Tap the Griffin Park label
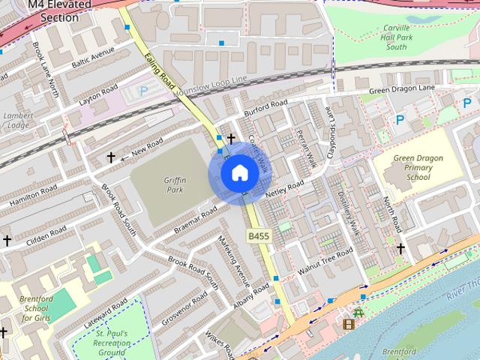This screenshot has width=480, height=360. (x=175, y=184)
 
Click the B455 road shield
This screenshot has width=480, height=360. (x=259, y=236)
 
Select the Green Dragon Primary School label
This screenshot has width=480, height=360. (x=418, y=168)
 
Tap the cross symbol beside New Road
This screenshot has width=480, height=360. (x=111, y=157)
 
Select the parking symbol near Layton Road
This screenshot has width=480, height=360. (x=145, y=92)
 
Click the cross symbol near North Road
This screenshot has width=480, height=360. (x=401, y=248)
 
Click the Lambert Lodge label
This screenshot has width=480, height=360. (x=17, y=120)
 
